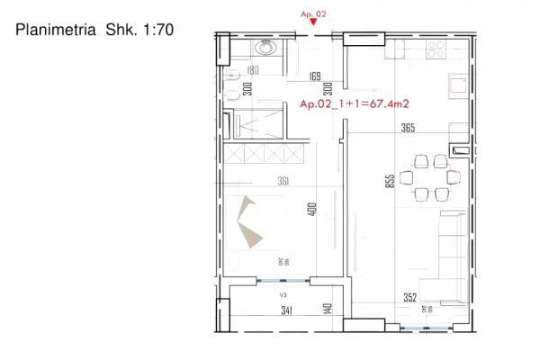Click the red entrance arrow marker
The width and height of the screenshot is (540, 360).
point(312,25)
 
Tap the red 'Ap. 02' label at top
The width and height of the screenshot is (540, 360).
point(312,14)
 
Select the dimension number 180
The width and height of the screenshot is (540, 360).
point(252,70)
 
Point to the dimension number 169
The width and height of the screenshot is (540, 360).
point(314,76)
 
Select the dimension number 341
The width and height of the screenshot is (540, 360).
point(287,311)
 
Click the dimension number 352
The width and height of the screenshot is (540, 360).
point(409,299)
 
